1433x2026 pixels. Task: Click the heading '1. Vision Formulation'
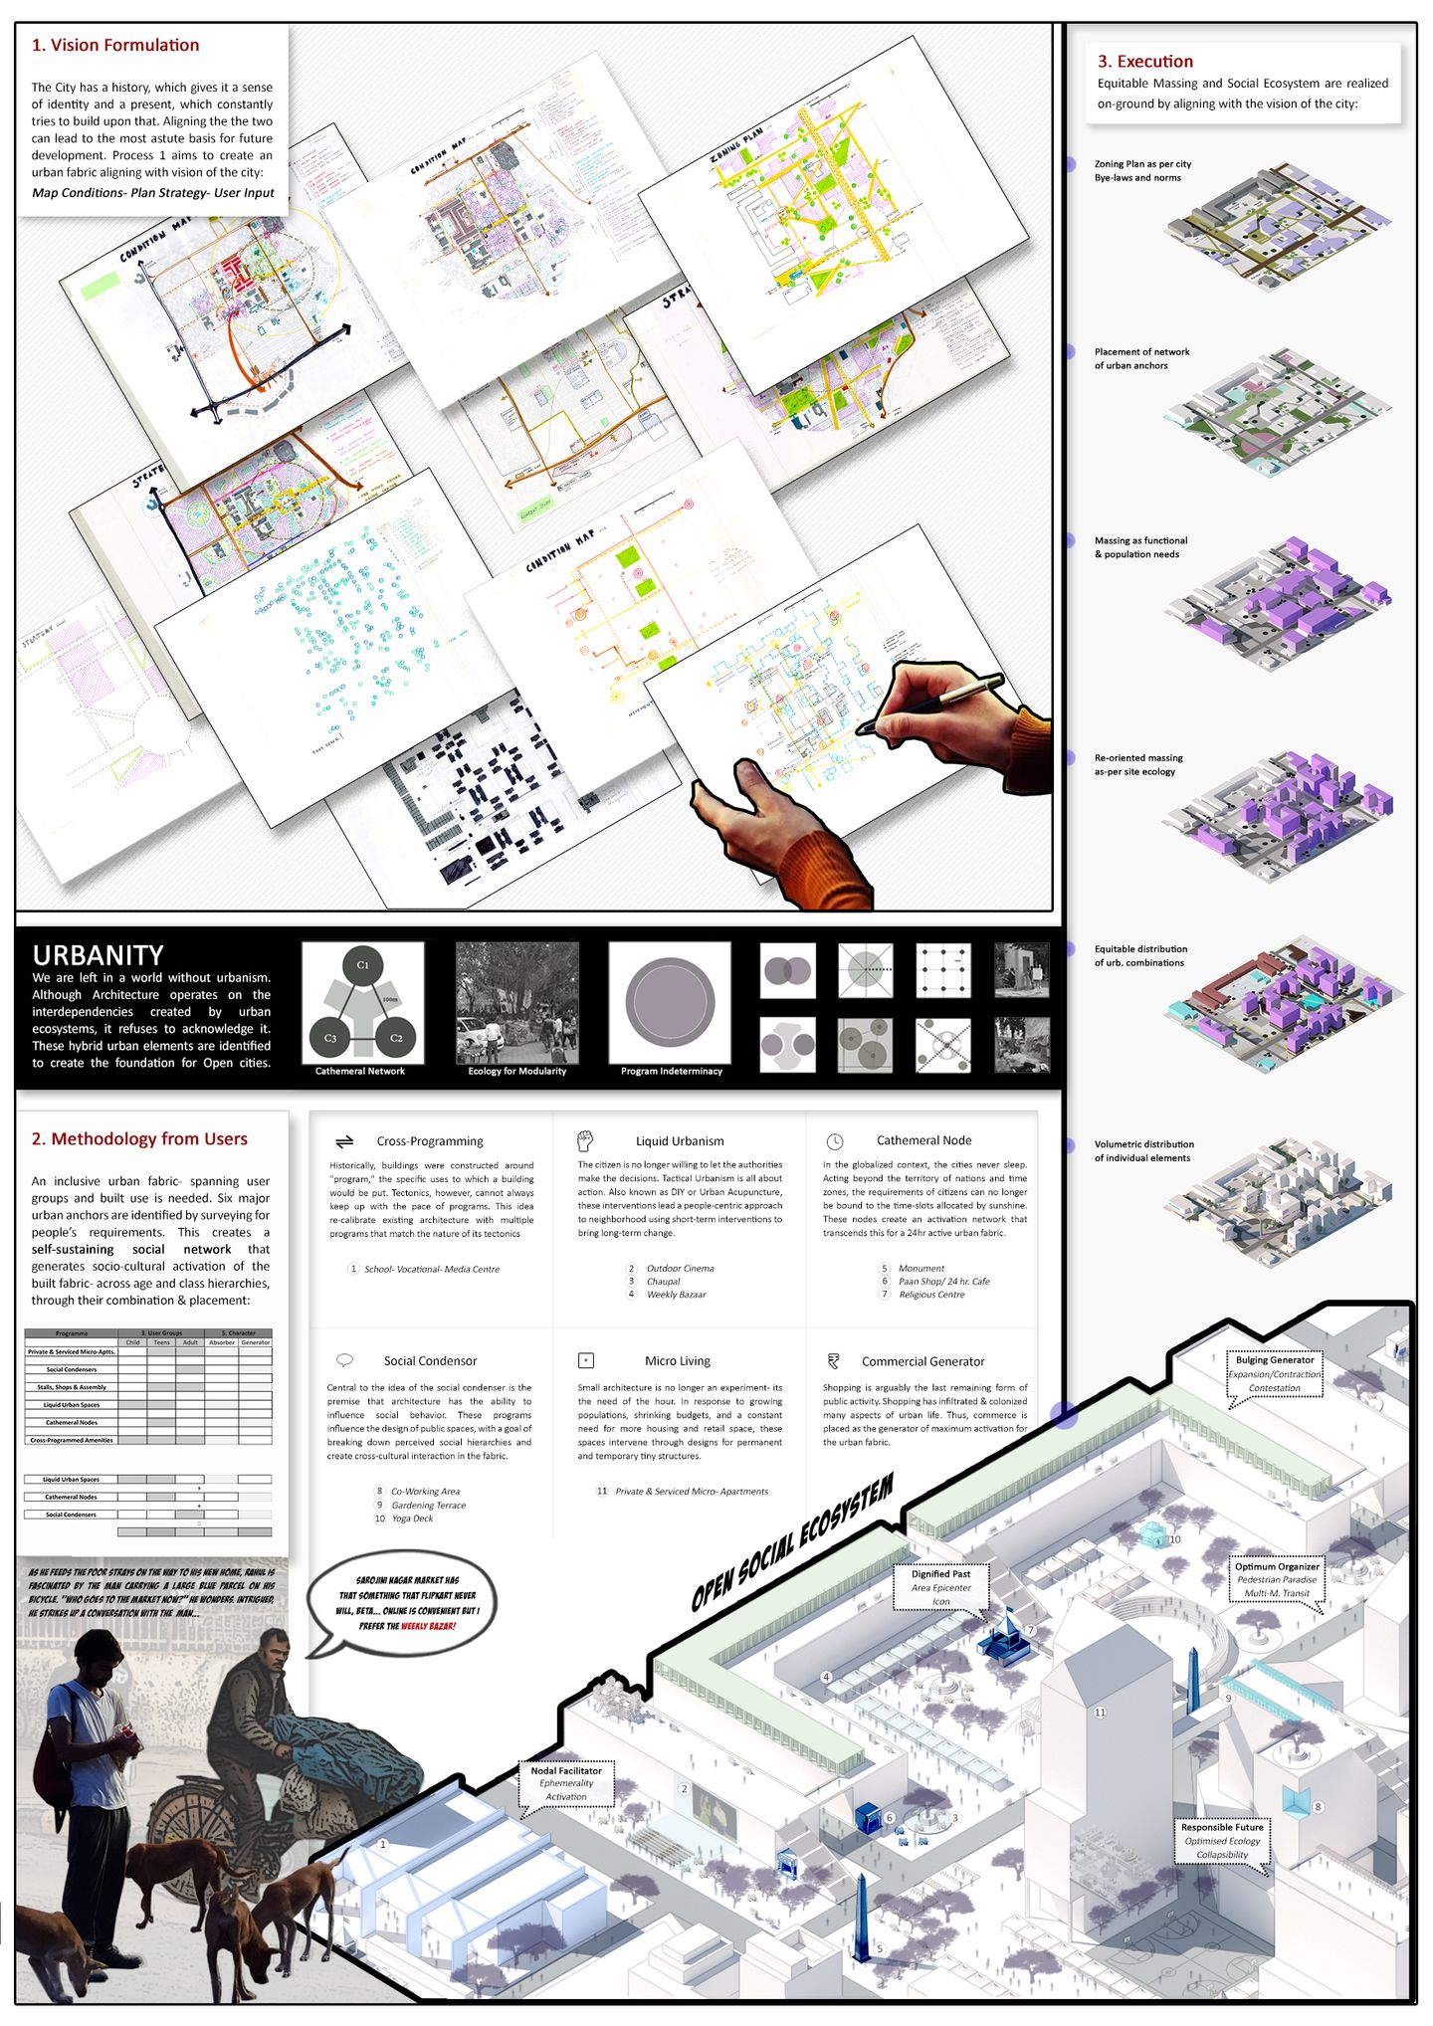115,46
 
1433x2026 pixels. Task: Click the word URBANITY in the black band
98,954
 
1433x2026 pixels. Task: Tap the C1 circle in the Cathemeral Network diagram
363,964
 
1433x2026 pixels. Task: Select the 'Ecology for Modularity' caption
516,1071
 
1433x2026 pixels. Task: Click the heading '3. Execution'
1144,62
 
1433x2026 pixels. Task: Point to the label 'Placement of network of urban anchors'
1141,358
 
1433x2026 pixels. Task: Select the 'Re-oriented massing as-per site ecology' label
1138,764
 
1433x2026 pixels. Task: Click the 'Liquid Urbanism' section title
680,1141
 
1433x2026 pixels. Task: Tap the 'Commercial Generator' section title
922,1361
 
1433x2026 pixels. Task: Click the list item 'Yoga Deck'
412,1519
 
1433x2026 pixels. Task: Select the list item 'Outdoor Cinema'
680,1268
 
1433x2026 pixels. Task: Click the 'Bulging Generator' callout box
1274,1373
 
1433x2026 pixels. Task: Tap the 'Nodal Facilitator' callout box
566,1783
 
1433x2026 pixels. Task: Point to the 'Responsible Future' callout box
1222,1840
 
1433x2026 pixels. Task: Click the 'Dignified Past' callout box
940,1586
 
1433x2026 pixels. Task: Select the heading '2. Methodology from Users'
139,1139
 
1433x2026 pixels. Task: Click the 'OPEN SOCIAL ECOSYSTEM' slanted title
792,1543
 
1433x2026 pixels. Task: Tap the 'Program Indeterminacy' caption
671,1071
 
